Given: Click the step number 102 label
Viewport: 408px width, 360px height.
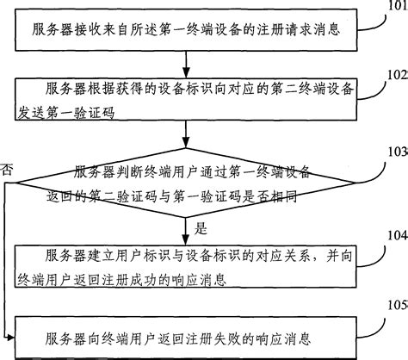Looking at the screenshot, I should point(398,74).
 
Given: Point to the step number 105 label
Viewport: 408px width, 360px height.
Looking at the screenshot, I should point(398,305).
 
